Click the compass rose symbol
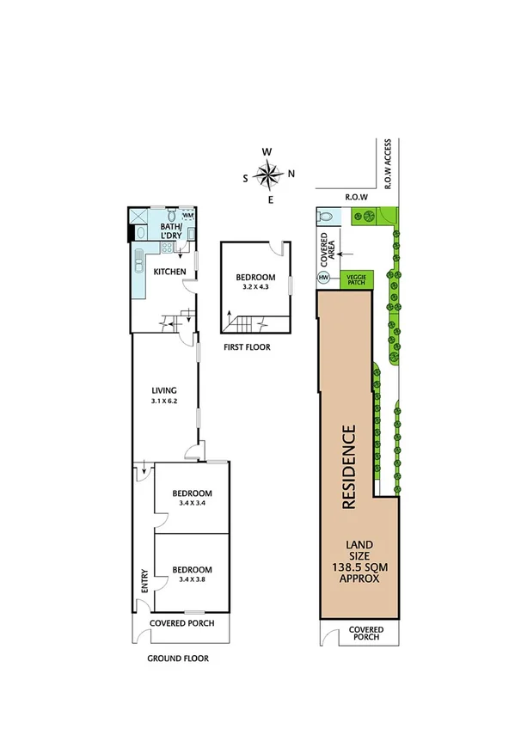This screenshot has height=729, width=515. pyautogui.click(x=268, y=176)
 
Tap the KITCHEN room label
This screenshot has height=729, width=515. pyautogui.click(x=169, y=272)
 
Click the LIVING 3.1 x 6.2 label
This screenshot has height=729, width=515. pyautogui.click(x=163, y=395)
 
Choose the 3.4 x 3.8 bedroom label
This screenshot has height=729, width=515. pyautogui.click(x=193, y=574)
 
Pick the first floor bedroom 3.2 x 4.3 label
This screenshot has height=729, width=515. pyautogui.click(x=255, y=281)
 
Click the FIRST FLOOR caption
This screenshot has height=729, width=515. pyautogui.click(x=246, y=347)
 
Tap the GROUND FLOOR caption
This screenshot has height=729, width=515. pyautogui.click(x=179, y=659)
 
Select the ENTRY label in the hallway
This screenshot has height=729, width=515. pyautogui.click(x=144, y=585)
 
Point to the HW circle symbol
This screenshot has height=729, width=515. pyautogui.click(x=324, y=278)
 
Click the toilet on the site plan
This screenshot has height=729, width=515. pyautogui.click(x=324, y=217)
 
